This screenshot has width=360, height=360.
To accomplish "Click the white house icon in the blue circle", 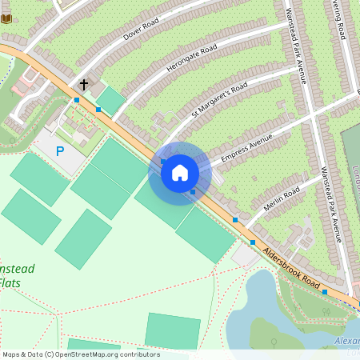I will (180, 173).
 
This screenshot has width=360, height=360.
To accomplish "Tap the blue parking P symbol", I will (59, 150).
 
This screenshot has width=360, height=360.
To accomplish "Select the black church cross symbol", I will (83, 83).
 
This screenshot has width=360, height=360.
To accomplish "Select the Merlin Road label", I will (281, 198).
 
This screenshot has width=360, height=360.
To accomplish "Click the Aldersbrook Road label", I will (292, 268).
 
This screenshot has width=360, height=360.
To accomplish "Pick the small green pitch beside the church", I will (110, 100).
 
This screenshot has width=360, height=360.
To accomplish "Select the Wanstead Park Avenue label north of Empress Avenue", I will (296, 48).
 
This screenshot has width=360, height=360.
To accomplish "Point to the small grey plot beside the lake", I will (244, 256).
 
